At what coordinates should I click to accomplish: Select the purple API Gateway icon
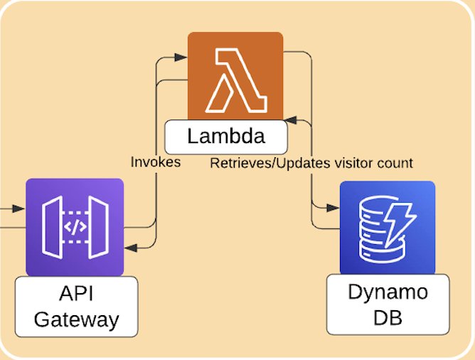point(75,227)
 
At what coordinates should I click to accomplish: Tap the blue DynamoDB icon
point(388,228)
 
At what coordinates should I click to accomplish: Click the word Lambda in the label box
point(226,136)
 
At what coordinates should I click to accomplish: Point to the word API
point(76,293)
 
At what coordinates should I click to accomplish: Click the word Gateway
point(76,320)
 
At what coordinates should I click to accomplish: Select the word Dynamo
point(388,293)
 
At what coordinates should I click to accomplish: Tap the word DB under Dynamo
point(388,318)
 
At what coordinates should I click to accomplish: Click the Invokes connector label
point(156,162)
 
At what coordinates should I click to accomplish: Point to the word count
point(395,164)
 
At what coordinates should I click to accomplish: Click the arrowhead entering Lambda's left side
point(181,57)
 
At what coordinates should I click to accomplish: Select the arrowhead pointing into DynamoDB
point(333,208)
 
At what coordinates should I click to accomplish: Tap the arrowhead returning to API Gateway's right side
point(131,248)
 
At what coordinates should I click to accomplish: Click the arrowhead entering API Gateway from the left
point(18,208)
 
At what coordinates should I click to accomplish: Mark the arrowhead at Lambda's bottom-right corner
point(290,120)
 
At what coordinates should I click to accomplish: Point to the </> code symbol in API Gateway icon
point(75,227)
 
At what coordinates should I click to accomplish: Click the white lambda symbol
point(236,80)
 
